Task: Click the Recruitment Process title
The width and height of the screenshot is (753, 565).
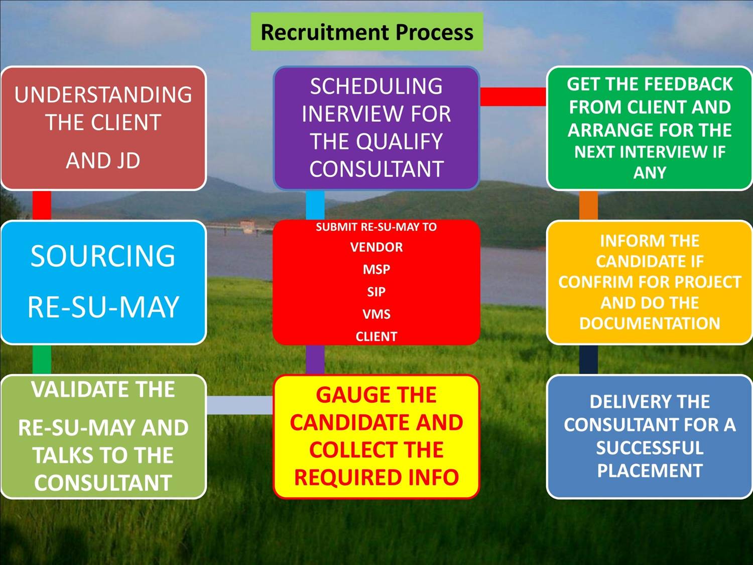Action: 366,32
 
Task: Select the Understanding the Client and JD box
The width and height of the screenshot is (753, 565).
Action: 103,128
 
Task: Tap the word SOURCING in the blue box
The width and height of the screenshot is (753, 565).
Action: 103,256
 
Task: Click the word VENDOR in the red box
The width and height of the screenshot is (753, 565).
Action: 376,247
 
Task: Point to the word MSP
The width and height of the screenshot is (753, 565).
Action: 376,270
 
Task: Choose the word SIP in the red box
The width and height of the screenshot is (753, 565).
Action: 376,292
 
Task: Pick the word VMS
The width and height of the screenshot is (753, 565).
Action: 376,314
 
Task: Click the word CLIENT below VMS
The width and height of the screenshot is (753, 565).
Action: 376,336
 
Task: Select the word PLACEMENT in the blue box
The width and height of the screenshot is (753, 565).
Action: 650,471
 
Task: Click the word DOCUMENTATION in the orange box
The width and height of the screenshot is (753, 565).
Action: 650,323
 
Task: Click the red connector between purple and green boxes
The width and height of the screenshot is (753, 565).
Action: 513,96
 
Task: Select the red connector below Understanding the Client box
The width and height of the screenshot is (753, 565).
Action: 42,205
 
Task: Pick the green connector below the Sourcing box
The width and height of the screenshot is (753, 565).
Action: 42,360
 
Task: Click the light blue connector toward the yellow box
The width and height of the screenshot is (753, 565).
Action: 239,405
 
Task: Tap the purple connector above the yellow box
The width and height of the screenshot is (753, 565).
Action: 315,360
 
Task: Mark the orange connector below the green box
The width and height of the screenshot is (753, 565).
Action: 588,205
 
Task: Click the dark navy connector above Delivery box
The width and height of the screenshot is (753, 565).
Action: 588,360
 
